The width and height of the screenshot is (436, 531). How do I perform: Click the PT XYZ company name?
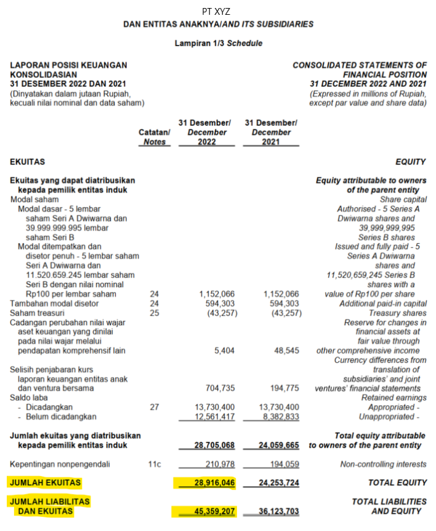point(217,11)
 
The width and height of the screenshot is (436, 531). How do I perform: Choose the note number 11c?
point(154,464)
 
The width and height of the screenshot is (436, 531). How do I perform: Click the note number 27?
point(154,407)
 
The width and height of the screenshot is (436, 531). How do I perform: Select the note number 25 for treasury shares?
point(154,313)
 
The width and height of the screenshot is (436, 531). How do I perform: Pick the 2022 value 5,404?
point(224,351)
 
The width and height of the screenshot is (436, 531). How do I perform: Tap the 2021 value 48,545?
point(287,351)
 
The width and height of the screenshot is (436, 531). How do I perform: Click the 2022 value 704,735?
point(220,388)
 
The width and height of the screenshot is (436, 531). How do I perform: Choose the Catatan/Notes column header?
point(154,137)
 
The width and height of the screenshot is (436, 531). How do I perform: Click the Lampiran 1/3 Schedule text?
point(218,44)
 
